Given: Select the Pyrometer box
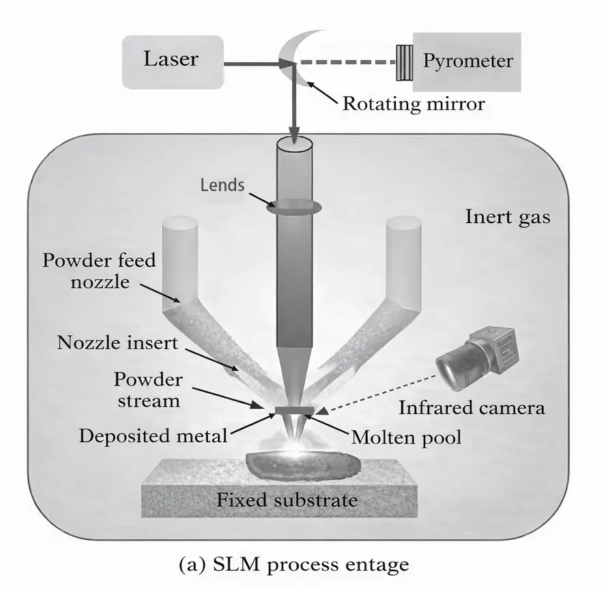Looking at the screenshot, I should (467, 61).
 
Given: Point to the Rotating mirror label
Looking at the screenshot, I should (413, 104).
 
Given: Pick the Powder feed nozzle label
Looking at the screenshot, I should (99, 270).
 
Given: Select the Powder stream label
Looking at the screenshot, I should (146, 389).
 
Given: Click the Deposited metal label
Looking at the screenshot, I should (152, 435).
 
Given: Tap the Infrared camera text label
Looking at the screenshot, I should (472, 408).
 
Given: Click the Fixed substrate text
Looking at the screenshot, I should (287, 500).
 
